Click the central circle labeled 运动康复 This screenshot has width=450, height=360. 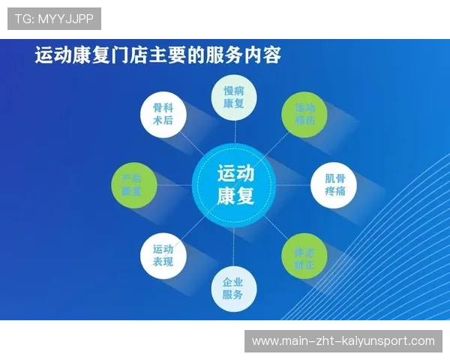pyautogui.click(x=235, y=185)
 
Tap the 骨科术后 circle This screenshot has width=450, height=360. pyautogui.click(x=162, y=114)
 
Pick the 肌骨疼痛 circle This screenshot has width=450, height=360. pyautogui.click(x=334, y=185)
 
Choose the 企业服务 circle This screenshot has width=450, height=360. pyautogui.click(x=233, y=288)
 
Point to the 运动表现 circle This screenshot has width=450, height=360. pyautogui.click(x=162, y=256)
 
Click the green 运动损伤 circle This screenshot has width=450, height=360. pyautogui.click(x=304, y=114)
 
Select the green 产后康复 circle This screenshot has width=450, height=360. pyautogui.click(x=133, y=185)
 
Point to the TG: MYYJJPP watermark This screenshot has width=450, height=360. pyautogui.click(x=54, y=18)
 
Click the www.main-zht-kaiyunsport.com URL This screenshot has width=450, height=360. pyautogui.click(x=343, y=341)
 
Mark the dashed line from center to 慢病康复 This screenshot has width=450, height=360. pyautogui.click(x=234, y=133)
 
